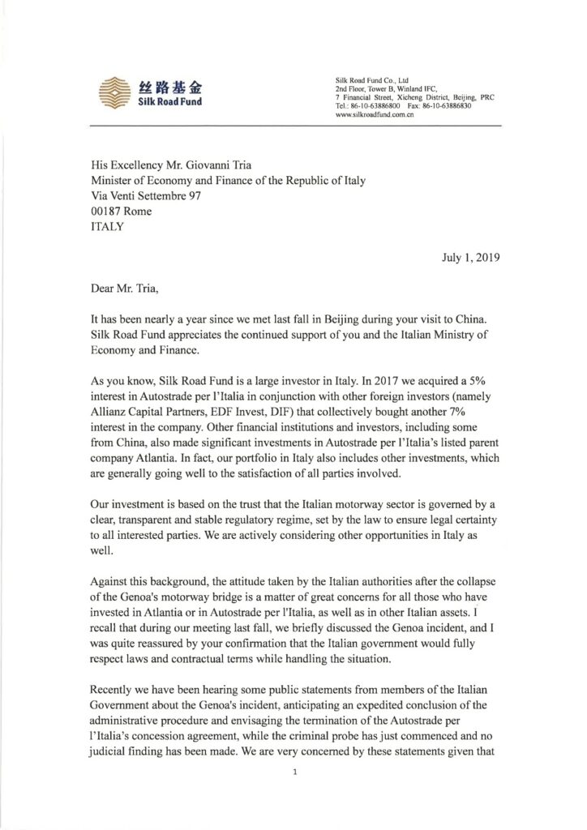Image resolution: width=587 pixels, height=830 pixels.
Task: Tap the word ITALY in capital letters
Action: (107, 227)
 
